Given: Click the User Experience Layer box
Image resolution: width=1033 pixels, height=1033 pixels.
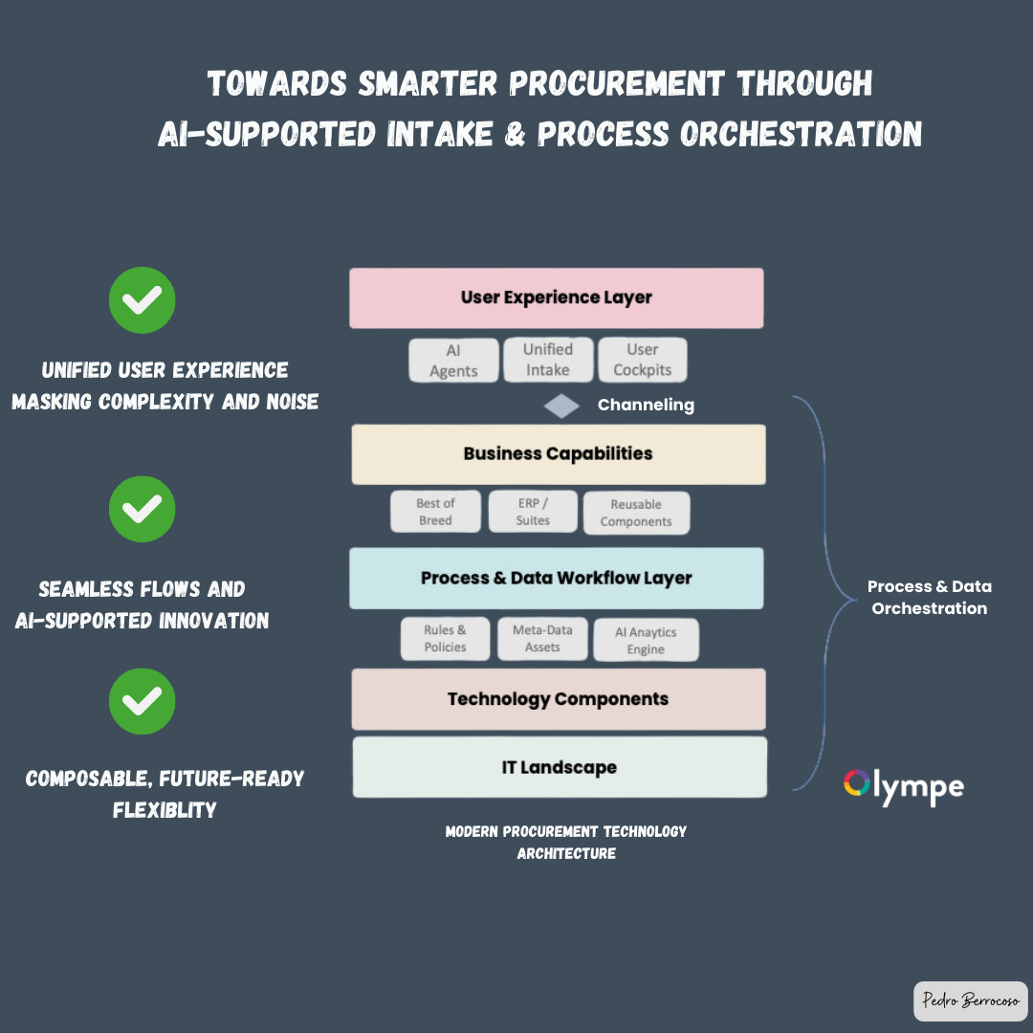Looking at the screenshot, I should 556,297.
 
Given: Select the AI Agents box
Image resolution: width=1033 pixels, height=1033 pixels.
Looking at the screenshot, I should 453,361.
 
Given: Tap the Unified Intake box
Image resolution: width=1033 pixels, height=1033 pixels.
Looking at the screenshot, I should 548,360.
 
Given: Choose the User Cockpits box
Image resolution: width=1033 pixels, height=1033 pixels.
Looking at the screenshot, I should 642,360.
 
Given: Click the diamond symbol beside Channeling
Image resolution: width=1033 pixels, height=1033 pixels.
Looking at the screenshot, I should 561,406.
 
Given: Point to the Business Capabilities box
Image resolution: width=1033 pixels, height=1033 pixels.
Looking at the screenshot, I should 558,453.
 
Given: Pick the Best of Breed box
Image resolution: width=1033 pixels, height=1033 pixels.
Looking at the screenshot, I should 434,512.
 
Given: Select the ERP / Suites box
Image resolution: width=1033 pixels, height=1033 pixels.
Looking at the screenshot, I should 533,512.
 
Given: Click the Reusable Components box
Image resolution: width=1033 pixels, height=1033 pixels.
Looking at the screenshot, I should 636,513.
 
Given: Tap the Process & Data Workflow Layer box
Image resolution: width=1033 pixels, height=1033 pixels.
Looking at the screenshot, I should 556,578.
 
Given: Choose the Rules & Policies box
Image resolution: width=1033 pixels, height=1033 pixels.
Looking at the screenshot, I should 445,639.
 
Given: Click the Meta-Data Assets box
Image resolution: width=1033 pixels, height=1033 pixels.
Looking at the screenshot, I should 542,639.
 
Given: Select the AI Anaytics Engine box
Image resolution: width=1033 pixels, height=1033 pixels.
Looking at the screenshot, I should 646,640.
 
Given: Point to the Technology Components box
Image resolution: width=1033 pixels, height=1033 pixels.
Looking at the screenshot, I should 558,699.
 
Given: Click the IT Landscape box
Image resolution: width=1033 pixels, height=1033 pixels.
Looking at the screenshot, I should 560,767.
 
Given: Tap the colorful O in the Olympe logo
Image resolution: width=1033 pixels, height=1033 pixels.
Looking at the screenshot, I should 855,783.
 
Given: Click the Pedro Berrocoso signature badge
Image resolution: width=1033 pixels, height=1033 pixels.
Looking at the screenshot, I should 970,1000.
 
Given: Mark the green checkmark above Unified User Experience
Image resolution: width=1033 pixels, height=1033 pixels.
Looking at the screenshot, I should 142,300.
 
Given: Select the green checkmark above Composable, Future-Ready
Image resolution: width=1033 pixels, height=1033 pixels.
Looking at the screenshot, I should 142,701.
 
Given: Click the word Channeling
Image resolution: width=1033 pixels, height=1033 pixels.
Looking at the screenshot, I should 646,406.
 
